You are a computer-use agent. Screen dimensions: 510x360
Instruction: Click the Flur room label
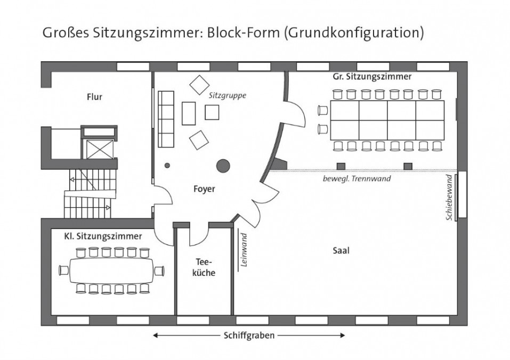coord(94,97)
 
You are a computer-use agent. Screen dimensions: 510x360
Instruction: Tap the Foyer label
coord(204,189)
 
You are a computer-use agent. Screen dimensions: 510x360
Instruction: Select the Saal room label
coord(341,250)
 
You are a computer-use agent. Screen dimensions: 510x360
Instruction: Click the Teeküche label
coord(204,267)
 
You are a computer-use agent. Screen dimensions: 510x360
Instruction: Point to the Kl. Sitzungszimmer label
coord(103,236)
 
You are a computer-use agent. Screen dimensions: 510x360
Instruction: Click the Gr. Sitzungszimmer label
coord(372,77)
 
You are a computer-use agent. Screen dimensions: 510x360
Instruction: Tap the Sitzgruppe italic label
coord(228,95)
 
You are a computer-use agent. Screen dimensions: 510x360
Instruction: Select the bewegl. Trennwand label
coord(357,178)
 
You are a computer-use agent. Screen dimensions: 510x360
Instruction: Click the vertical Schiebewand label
coord(449,198)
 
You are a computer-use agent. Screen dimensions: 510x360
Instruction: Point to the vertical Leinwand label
coord(244,250)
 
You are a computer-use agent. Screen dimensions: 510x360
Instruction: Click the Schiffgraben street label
coord(249,336)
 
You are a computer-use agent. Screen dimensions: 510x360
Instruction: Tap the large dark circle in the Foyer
coord(223,166)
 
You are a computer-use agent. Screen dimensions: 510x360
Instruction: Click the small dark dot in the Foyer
coord(167,166)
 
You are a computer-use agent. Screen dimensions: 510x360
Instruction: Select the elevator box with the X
coord(100,149)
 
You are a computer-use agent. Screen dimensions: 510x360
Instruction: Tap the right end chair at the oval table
coord(159,271)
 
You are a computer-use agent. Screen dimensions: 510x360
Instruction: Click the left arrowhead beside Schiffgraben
coord(156,336)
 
